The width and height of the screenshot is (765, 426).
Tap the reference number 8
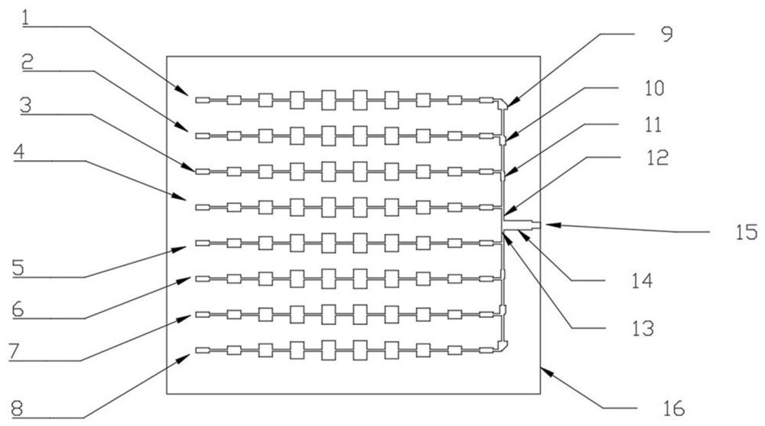[x=17, y=408]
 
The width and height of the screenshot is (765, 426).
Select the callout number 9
[x=666, y=34]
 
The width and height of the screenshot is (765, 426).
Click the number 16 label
[x=674, y=408]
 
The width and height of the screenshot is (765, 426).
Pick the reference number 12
[x=657, y=157]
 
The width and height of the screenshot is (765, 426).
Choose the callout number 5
[x=18, y=268]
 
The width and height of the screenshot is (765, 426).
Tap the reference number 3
[x=26, y=106]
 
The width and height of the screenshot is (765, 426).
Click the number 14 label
[x=642, y=280]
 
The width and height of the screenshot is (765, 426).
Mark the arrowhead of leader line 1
[x=184, y=92]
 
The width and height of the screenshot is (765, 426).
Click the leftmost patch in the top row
[x=203, y=100]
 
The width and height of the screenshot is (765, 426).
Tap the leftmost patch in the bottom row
[x=203, y=350]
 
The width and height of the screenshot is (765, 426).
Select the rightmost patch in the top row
[x=487, y=100]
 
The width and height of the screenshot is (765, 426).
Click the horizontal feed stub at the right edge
[x=521, y=224]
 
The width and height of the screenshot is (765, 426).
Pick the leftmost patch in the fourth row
[x=203, y=208]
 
